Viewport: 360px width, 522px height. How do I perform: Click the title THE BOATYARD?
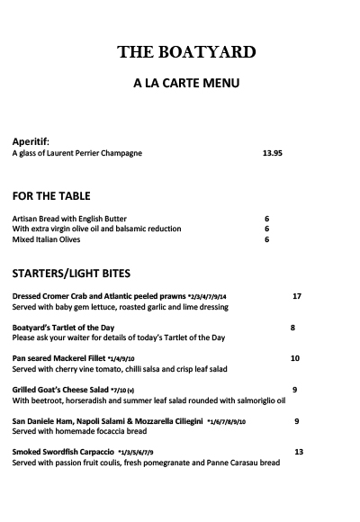[x=185, y=51]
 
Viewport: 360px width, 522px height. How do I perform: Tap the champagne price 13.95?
[x=273, y=153]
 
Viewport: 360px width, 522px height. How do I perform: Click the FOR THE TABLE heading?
[x=50, y=195]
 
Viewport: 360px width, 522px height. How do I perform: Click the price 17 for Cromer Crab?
[x=297, y=296]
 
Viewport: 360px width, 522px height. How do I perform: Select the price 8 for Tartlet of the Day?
[x=292, y=328]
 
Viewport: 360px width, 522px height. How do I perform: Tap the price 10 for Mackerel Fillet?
[x=294, y=358]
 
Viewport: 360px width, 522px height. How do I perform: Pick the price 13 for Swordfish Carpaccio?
[x=299, y=452]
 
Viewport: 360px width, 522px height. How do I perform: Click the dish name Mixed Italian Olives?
[x=46, y=239]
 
